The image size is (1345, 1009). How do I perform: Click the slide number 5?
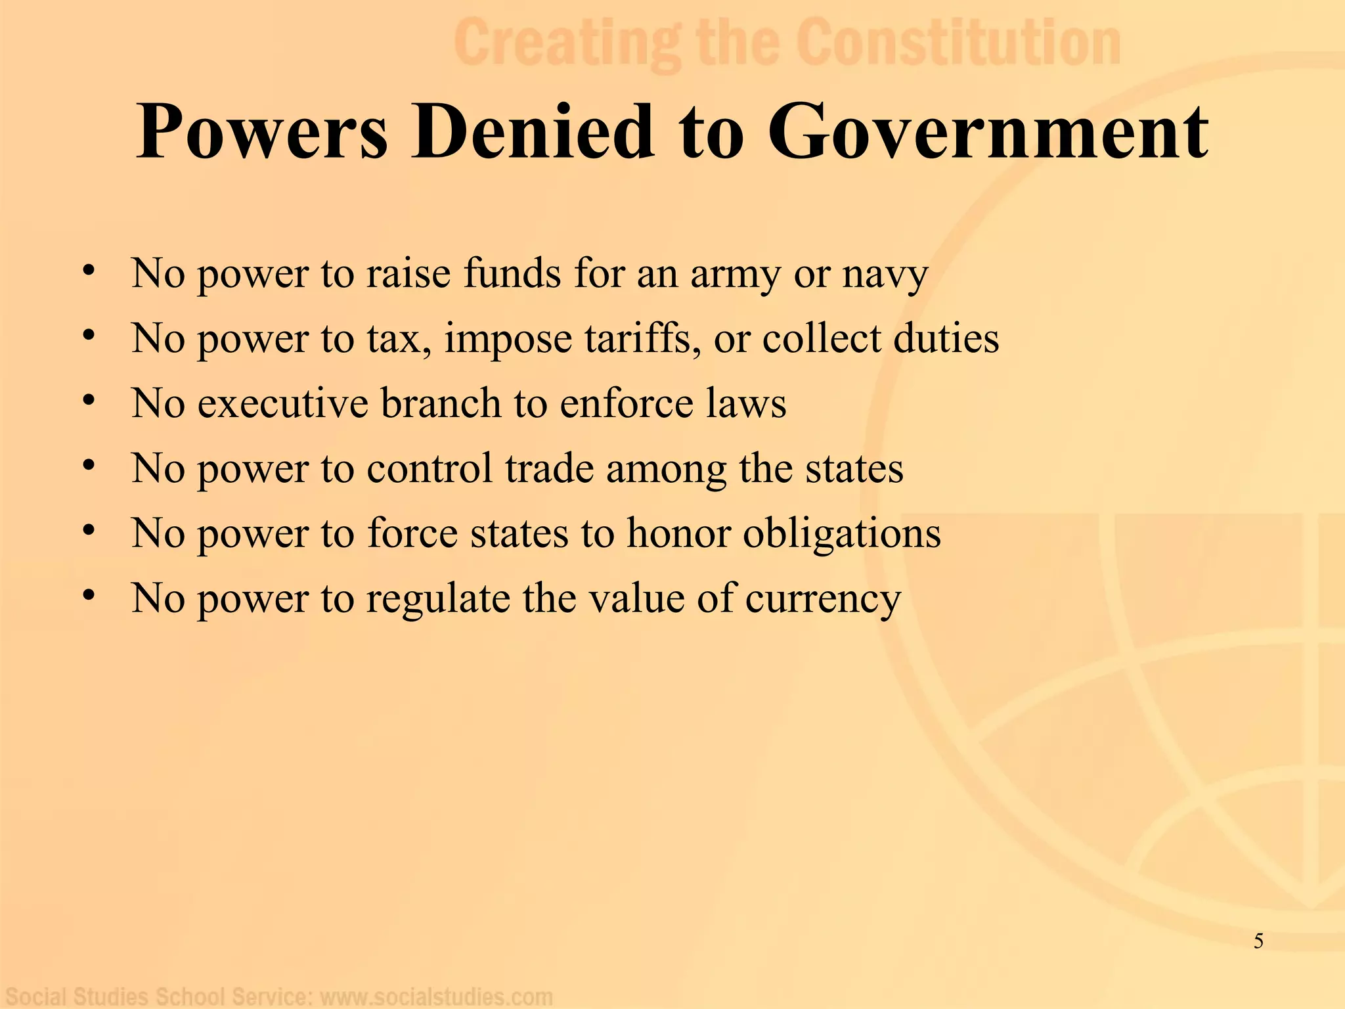pos(1258,941)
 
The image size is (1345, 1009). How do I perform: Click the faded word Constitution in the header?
pos(959,43)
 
